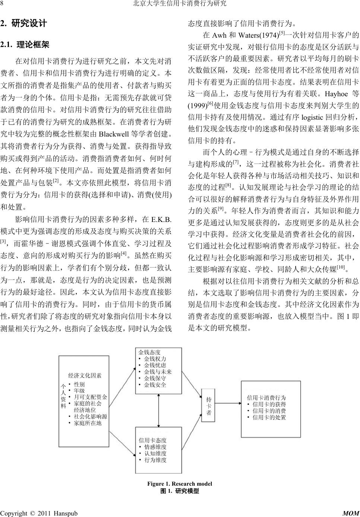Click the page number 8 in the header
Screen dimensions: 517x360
(2, 4)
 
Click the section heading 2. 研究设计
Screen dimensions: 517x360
(24, 23)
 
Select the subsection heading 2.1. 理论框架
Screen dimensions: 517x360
(25, 45)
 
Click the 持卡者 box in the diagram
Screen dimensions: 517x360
(209, 406)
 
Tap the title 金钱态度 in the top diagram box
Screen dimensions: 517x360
(149, 352)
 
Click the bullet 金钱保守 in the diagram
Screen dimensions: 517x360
(155, 378)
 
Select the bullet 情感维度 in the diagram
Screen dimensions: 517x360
(155, 447)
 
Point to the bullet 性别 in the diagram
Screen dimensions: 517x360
(79, 384)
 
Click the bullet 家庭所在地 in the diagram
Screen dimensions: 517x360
(88, 423)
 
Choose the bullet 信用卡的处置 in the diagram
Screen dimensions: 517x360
(269, 417)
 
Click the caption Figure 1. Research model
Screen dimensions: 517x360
(180, 484)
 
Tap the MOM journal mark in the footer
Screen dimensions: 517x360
(350, 513)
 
